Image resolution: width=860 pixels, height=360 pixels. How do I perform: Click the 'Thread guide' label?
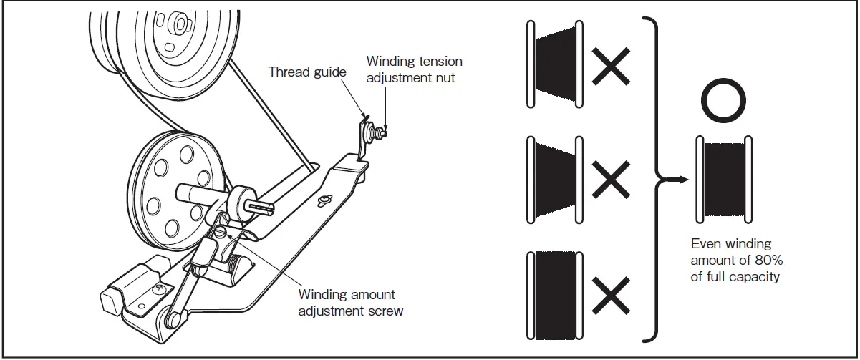point(307,72)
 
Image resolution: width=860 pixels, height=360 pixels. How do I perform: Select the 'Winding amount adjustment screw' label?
point(347,303)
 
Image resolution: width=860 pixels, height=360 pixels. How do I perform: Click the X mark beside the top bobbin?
point(611,67)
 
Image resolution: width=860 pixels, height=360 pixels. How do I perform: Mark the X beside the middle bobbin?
point(611,178)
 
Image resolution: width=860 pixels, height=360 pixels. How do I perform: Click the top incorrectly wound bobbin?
point(556,62)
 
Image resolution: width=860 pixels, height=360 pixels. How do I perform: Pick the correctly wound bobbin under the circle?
point(723,179)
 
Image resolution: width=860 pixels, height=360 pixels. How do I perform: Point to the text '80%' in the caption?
point(765,260)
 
